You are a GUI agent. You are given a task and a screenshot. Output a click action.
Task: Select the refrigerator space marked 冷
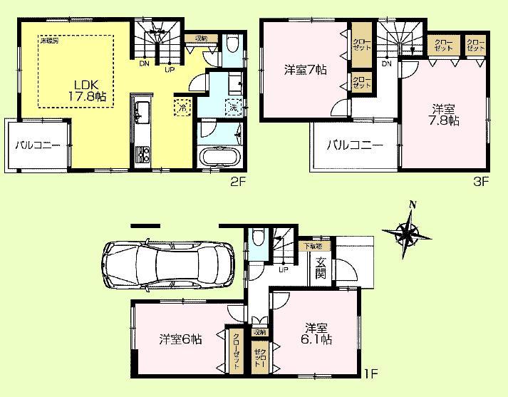(x=182, y=107)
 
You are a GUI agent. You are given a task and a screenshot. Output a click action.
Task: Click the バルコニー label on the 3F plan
(x=355, y=145)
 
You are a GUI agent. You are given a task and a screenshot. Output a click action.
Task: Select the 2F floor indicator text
(x=238, y=181)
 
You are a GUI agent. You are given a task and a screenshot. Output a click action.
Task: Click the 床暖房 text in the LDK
(x=49, y=42)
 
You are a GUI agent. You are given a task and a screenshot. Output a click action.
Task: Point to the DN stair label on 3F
(x=387, y=63)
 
